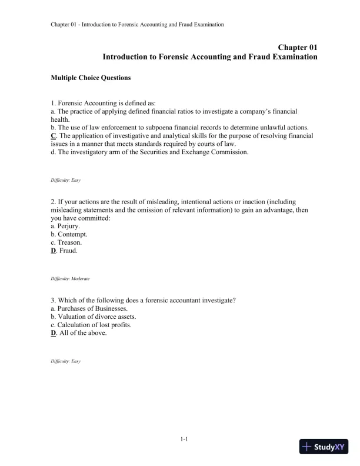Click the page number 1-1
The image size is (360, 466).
coord(184,438)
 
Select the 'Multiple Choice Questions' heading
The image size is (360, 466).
coord(91,78)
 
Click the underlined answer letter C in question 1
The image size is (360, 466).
coord(54,136)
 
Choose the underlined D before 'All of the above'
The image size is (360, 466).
coord(54,334)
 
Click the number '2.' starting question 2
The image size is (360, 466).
coord(54,202)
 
